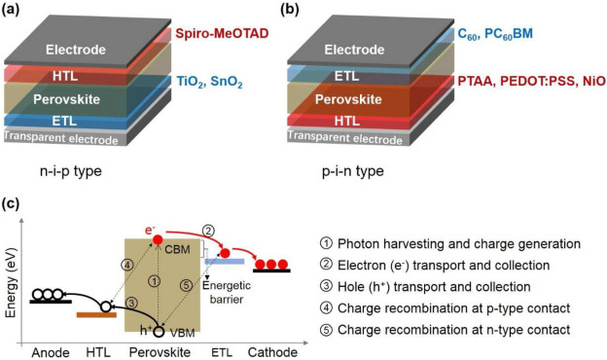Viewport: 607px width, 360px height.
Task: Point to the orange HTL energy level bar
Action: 96,313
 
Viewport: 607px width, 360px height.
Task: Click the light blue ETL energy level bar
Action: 223,261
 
